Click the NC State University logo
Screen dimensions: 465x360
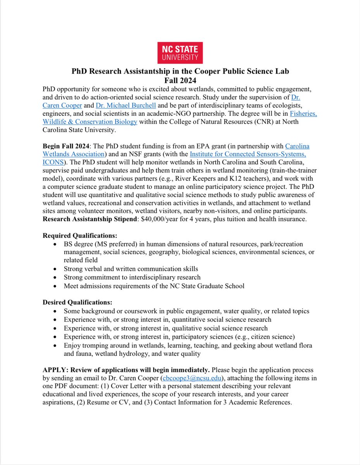pyautogui.click(x=180, y=53)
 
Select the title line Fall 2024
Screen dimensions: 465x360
pyautogui.click(x=180, y=80)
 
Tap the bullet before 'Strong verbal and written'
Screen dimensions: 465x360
pyautogui.click(x=57, y=269)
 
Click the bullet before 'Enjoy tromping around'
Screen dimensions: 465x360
pyautogui.click(x=57, y=345)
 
